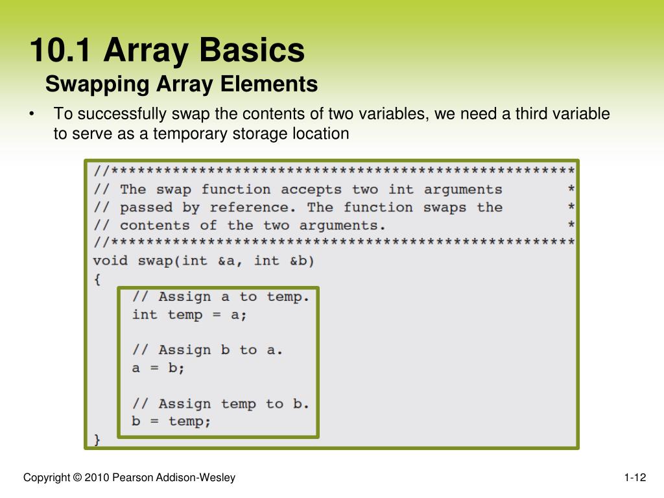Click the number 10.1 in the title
click(60, 51)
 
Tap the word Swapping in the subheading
click(97, 84)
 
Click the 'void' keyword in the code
click(111, 261)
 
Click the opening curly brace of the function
click(97, 279)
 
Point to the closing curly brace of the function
click(97, 440)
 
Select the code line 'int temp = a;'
click(189, 314)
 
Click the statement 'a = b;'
click(158, 368)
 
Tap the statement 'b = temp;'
click(171, 421)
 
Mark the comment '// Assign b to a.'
click(207, 350)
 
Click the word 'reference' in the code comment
click(250, 207)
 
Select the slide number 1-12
click(635, 478)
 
